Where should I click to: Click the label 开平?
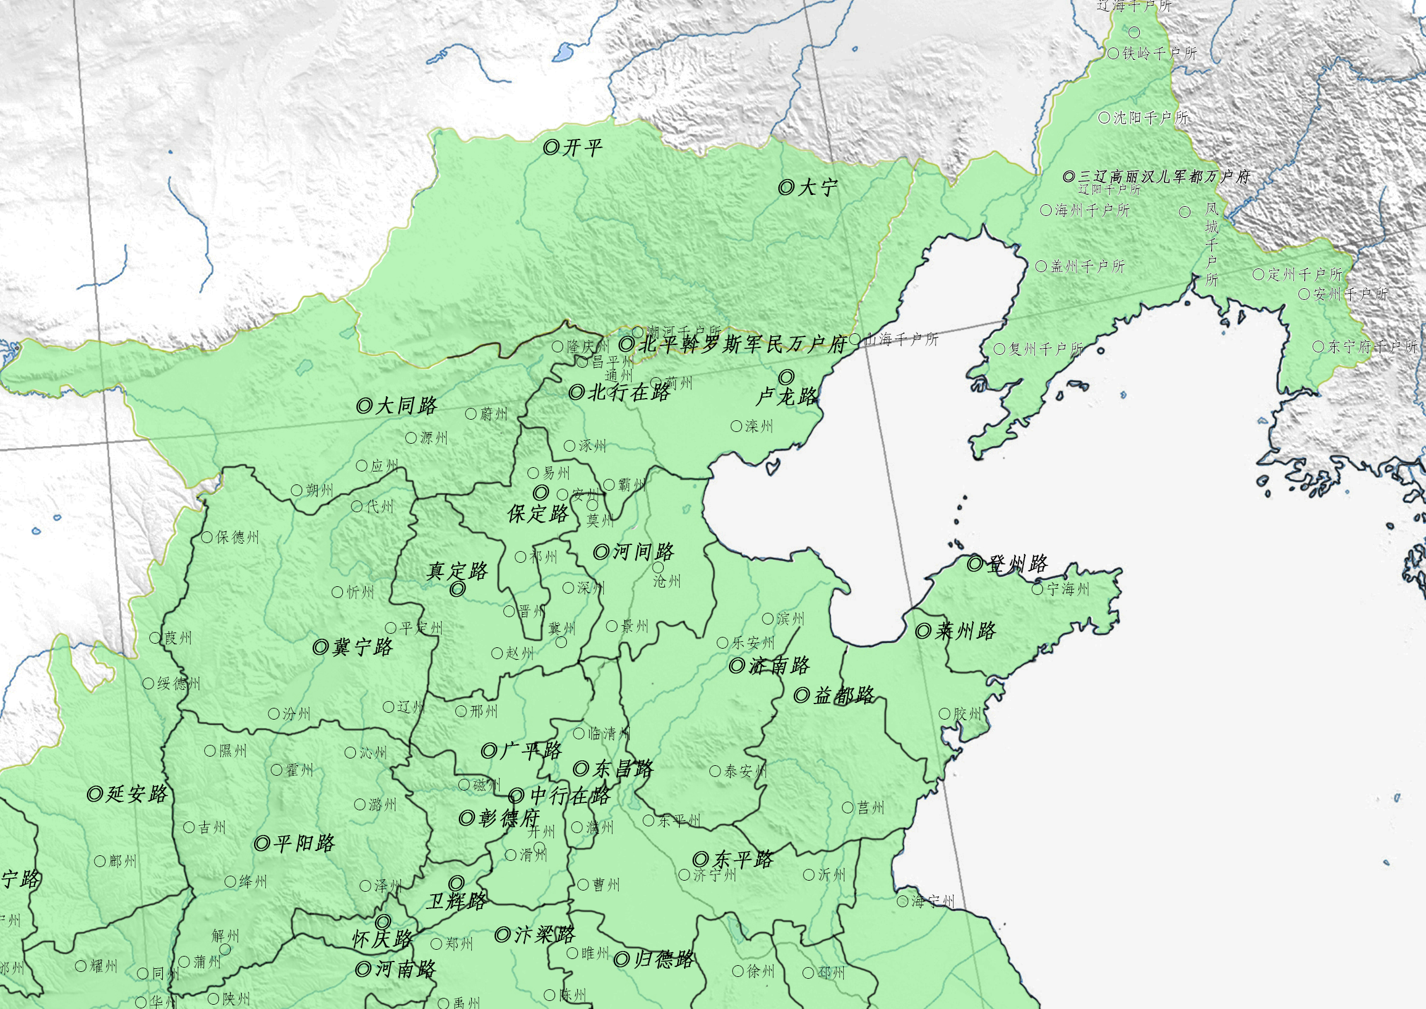[x=582, y=148]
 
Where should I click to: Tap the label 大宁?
[x=817, y=187]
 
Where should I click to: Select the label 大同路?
[x=406, y=405]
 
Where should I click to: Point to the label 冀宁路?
[x=362, y=647]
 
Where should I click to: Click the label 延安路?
[x=137, y=794]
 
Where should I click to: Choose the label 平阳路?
[x=303, y=843]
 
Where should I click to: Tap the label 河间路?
[x=643, y=552]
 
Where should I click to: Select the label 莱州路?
[x=965, y=631]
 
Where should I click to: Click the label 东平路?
[x=743, y=860]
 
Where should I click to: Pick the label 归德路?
[x=663, y=959]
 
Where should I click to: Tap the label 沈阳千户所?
[x=1151, y=117]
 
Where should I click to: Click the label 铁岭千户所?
[x=1159, y=54]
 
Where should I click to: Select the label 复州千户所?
[x=1045, y=349]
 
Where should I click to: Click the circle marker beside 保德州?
[x=207, y=538]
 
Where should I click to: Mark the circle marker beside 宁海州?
[x=1037, y=589]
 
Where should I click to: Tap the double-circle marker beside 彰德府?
[x=466, y=818]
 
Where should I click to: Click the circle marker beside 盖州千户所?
[x=1042, y=267]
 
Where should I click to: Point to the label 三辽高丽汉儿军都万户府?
[x=1164, y=176]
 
